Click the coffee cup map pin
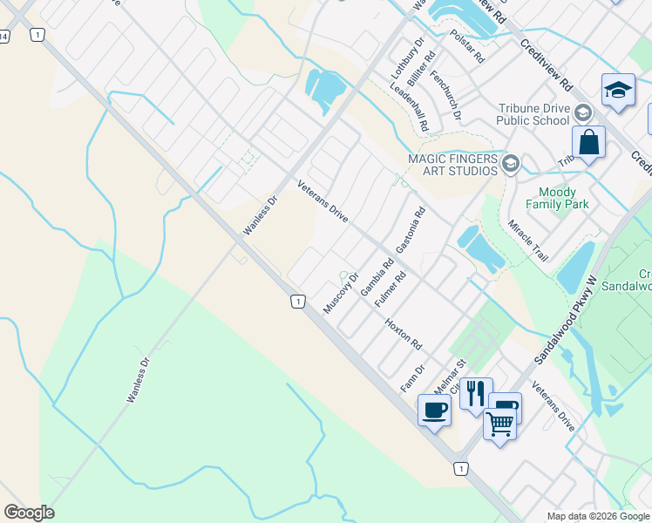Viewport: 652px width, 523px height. (434, 409)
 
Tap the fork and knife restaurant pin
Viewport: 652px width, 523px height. (476, 392)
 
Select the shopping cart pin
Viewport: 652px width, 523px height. (499, 424)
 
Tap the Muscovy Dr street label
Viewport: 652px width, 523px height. (341, 294)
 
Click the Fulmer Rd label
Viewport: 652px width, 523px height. (390, 289)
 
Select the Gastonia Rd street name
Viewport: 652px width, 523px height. (410, 230)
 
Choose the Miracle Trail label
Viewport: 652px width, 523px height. (527, 241)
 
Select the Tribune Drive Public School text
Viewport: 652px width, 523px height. (534, 114)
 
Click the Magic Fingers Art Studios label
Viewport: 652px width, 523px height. (453, 165)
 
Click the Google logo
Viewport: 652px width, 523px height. (29, 513)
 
